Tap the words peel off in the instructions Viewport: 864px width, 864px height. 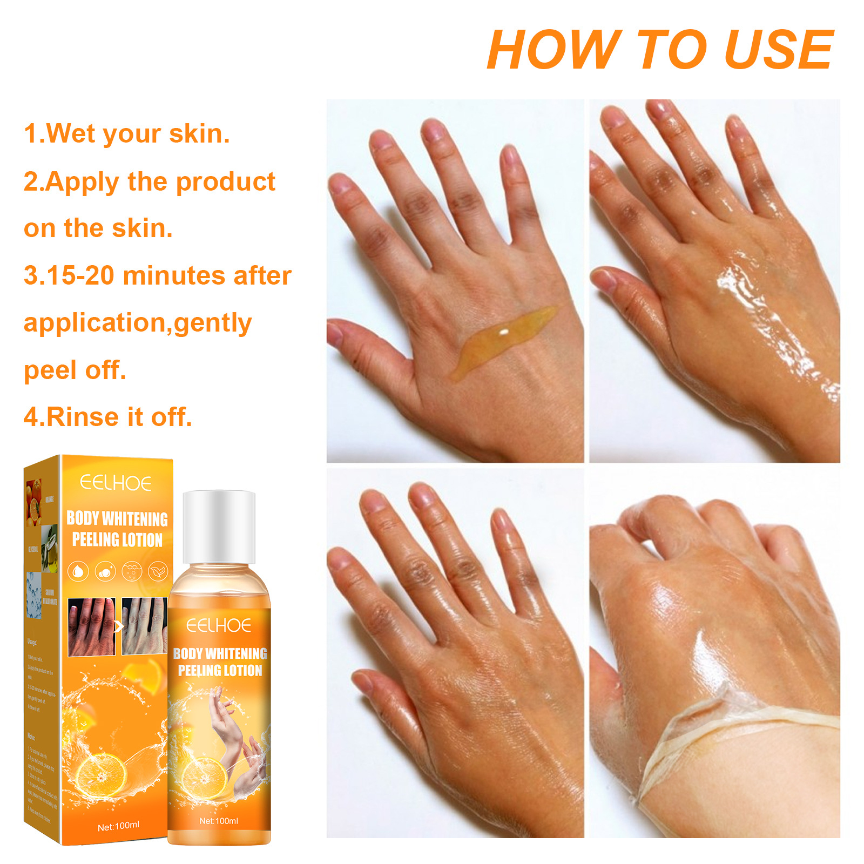[x=75, y=370]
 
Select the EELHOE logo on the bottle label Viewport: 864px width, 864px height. [x=219, y=625]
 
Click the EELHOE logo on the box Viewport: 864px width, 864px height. [x=116, y=483]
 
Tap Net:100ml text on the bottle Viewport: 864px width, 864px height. [x=219, y=821]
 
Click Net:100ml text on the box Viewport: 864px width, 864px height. [x=118, y=826]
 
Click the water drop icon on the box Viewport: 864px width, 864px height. [x=78, y=571]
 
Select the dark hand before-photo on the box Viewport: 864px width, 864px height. [x=91, y=626]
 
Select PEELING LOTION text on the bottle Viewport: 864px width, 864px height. [x=220, y=670]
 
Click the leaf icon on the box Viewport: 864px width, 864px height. [x=158, y=571]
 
